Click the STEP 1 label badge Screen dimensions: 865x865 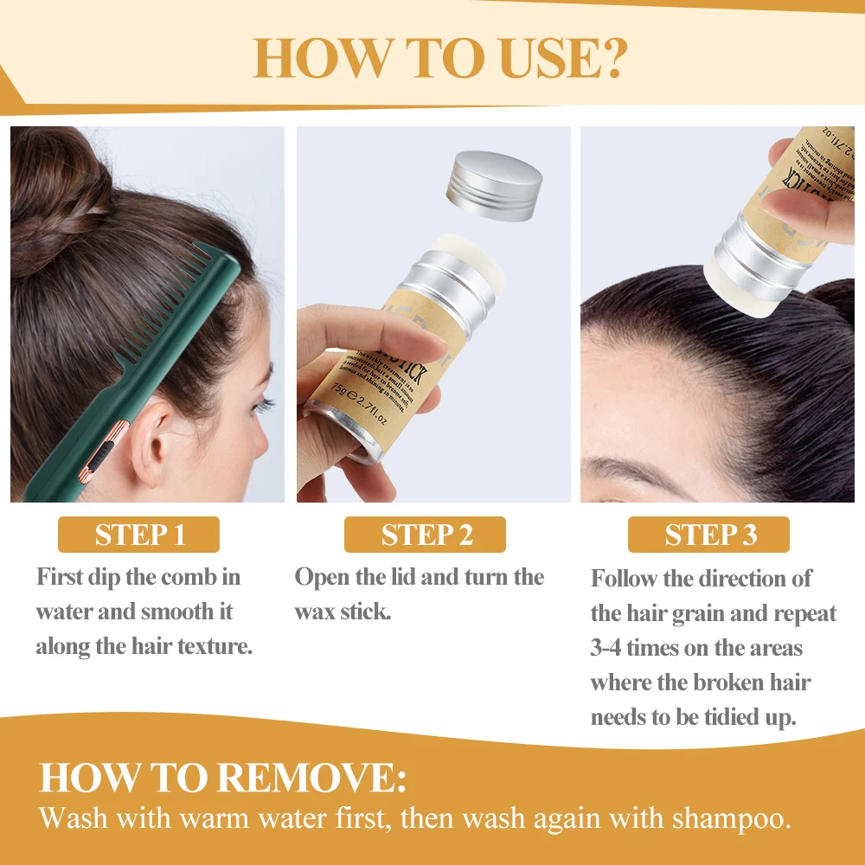pyautogui.click(x=138, y=535)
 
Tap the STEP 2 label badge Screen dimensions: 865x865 pyautogui.click(x=426, y=535)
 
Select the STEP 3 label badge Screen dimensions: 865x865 pyautogui.click(x=708, y=535)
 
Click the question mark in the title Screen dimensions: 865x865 pyautogui.click(x=606, y=57)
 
